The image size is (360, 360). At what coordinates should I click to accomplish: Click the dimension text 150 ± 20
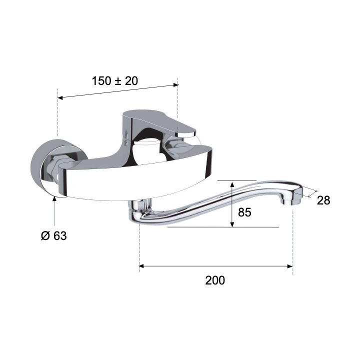tap(115, 81)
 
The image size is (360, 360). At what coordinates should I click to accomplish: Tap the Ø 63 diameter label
tap(54, 236)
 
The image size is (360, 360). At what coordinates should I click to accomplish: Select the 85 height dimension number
tap(244, 212)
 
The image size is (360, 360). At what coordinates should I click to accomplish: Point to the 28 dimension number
tap(323, 200)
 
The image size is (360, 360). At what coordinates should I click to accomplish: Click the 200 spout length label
tap(215, 280)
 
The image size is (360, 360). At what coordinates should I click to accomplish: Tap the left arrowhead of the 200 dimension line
tap(141, 266)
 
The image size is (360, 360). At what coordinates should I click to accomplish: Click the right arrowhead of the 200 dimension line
tap(290, 266)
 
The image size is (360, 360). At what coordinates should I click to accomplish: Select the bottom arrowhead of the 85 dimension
tap(232, 224)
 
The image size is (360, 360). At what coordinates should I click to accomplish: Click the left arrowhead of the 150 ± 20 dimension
tap(60, 97)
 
